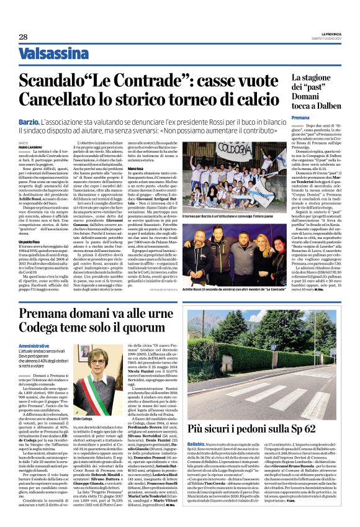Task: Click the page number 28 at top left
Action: (x=23, y=38)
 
